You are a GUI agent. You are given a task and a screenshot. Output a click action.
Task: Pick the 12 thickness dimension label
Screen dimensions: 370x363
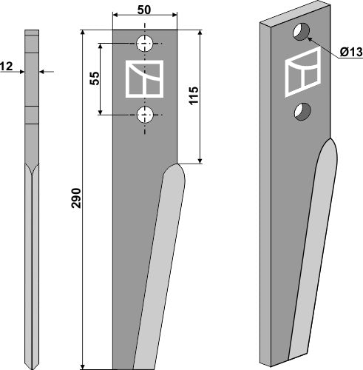[x=7, y=67]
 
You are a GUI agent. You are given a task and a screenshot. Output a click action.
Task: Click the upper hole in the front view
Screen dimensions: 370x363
[x=146, y=42]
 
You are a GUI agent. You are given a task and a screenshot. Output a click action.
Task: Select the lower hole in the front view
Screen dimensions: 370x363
[x=146, y=114]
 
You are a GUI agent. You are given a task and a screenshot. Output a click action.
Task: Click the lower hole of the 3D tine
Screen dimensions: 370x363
[x=300, y=112]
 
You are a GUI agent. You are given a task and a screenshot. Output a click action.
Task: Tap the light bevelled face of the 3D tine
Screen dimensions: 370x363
[x=311, y=252]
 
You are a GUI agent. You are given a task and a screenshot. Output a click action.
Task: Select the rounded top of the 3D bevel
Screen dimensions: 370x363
[x=330, y=146]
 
